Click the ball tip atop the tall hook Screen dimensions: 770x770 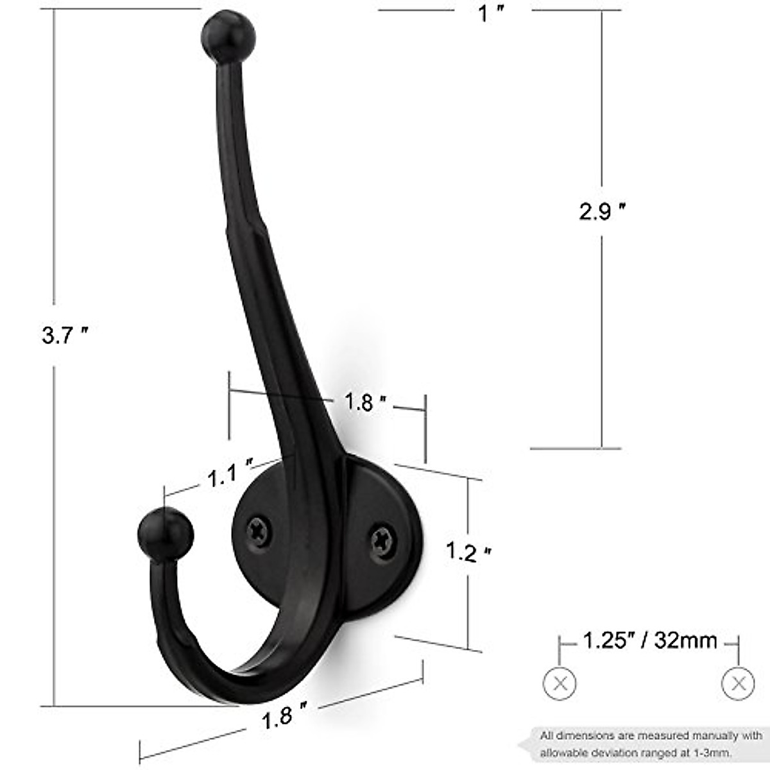tap(228, 37)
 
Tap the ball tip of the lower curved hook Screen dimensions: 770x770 tap(166, 533)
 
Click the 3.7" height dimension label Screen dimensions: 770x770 tap(64, 334)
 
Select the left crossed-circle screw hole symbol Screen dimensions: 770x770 tap(560, 683)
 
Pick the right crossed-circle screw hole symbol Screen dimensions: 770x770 tap(738, 683)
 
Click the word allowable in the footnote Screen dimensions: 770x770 tap(567, 752)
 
